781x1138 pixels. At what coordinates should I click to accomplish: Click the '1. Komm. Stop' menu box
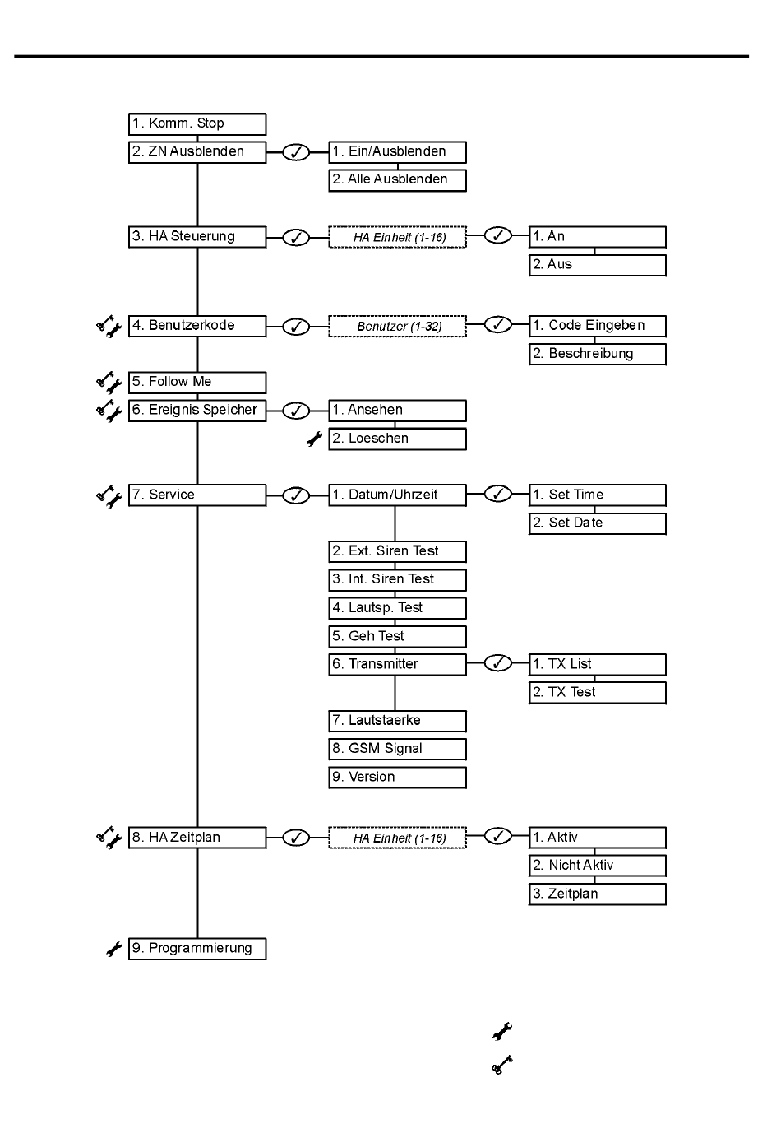click(197, 124)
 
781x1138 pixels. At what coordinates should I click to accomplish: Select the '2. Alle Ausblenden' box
click(397, 180)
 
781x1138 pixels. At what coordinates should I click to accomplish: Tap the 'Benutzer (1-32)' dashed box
click(397, 326)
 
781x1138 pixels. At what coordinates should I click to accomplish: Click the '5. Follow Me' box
click(197, 383)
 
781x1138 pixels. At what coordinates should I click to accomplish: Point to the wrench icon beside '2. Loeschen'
click(315, 439)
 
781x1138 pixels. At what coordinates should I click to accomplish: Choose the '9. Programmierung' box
click(197, 949)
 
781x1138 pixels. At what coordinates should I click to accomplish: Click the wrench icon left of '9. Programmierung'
click(114, 949)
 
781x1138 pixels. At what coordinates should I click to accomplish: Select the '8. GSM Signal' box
click(397, 749)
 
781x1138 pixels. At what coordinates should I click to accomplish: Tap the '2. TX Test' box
click(598, 693)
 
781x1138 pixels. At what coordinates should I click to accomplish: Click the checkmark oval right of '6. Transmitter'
click(498, 663)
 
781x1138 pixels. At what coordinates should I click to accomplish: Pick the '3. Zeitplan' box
click(598, 894)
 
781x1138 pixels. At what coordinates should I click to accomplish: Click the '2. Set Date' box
click(598, 523)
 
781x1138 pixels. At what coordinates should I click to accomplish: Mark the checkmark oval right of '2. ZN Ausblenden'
click(296, 152)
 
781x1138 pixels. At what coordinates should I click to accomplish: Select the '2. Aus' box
click(598, 265)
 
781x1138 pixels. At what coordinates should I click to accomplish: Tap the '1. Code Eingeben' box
click(598, 326)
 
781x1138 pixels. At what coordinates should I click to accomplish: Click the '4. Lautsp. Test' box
click(397, 608)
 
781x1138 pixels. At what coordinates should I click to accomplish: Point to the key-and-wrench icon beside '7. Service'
click(109, 496)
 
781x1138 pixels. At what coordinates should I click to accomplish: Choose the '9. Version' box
click(397, 778)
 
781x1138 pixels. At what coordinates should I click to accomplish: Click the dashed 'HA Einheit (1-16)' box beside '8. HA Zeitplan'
click(397, 838)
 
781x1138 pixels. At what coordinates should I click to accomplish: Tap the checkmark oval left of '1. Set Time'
click(498, 494)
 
